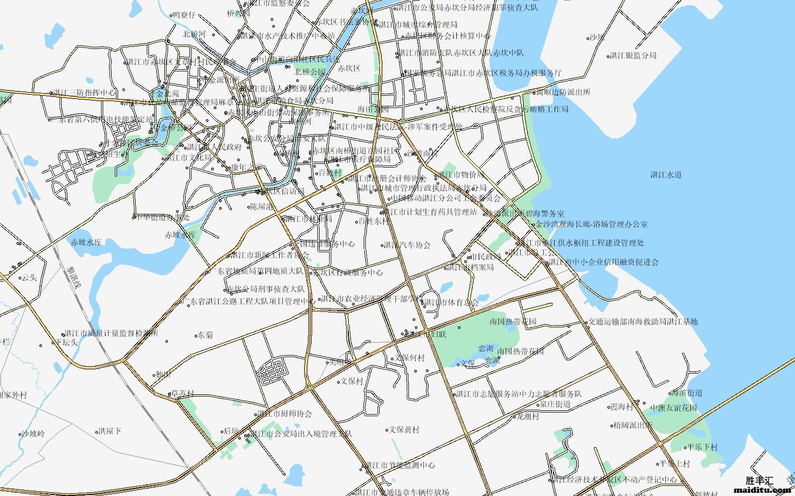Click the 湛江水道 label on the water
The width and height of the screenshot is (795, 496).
coord(666,175)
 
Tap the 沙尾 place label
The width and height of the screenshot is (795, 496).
coord(597,37)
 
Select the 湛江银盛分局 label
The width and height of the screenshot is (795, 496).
coord(633,55)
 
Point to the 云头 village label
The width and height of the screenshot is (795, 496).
coord(29,277)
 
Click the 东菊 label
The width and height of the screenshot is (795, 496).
coord(205,335)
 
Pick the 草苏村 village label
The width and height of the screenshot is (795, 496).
coord(182,394)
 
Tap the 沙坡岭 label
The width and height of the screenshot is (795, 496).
coord(33,434)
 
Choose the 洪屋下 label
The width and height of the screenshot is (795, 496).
coord(110,431)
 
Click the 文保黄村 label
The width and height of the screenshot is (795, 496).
coord(404,429)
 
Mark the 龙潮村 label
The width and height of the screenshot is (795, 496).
coord(528,416)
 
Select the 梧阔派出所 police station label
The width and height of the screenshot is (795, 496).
coord(632,425)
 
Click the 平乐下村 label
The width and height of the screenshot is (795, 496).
coord(702,447)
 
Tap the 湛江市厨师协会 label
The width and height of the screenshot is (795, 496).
coord(284,414)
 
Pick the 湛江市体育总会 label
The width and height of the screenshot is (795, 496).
coord(451,302)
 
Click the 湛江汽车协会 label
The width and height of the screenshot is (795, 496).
coord(407,245)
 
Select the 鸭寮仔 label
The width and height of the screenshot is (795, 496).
coord(184,15)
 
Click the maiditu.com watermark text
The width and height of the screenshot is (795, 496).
coord(762,490)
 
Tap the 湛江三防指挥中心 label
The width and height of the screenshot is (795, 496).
coord(85,93)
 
